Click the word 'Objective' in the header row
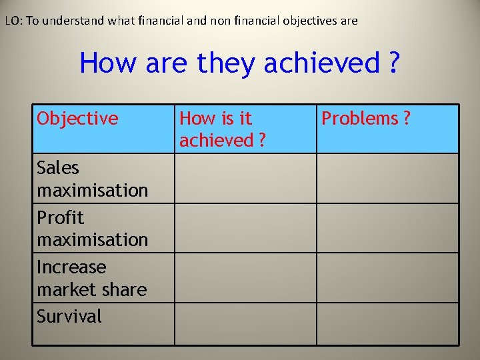[x=77, y=119]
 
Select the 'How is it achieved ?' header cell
[x=223, y=129]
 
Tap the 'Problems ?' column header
[x=366, y=119]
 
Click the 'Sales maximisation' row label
[x=93, y=179]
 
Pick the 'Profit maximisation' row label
[x=93, y=228]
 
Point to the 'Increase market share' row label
[x=92, y=278]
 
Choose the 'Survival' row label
[x=69, y=316]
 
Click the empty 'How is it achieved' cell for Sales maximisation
[x=245, y=179]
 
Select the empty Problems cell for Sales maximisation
[x=387, y=179]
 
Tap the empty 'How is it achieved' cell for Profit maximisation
[x=245, y=228]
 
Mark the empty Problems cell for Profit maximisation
[x=387, y=228]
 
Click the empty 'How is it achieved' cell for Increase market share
[x=245, y=278]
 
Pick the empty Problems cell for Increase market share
[x=387, y=278]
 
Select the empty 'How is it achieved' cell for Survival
[x=245, y=324]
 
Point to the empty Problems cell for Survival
[x=387, y=324]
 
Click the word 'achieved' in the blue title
[x=321, y=63]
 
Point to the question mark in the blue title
[x=393, y=63]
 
